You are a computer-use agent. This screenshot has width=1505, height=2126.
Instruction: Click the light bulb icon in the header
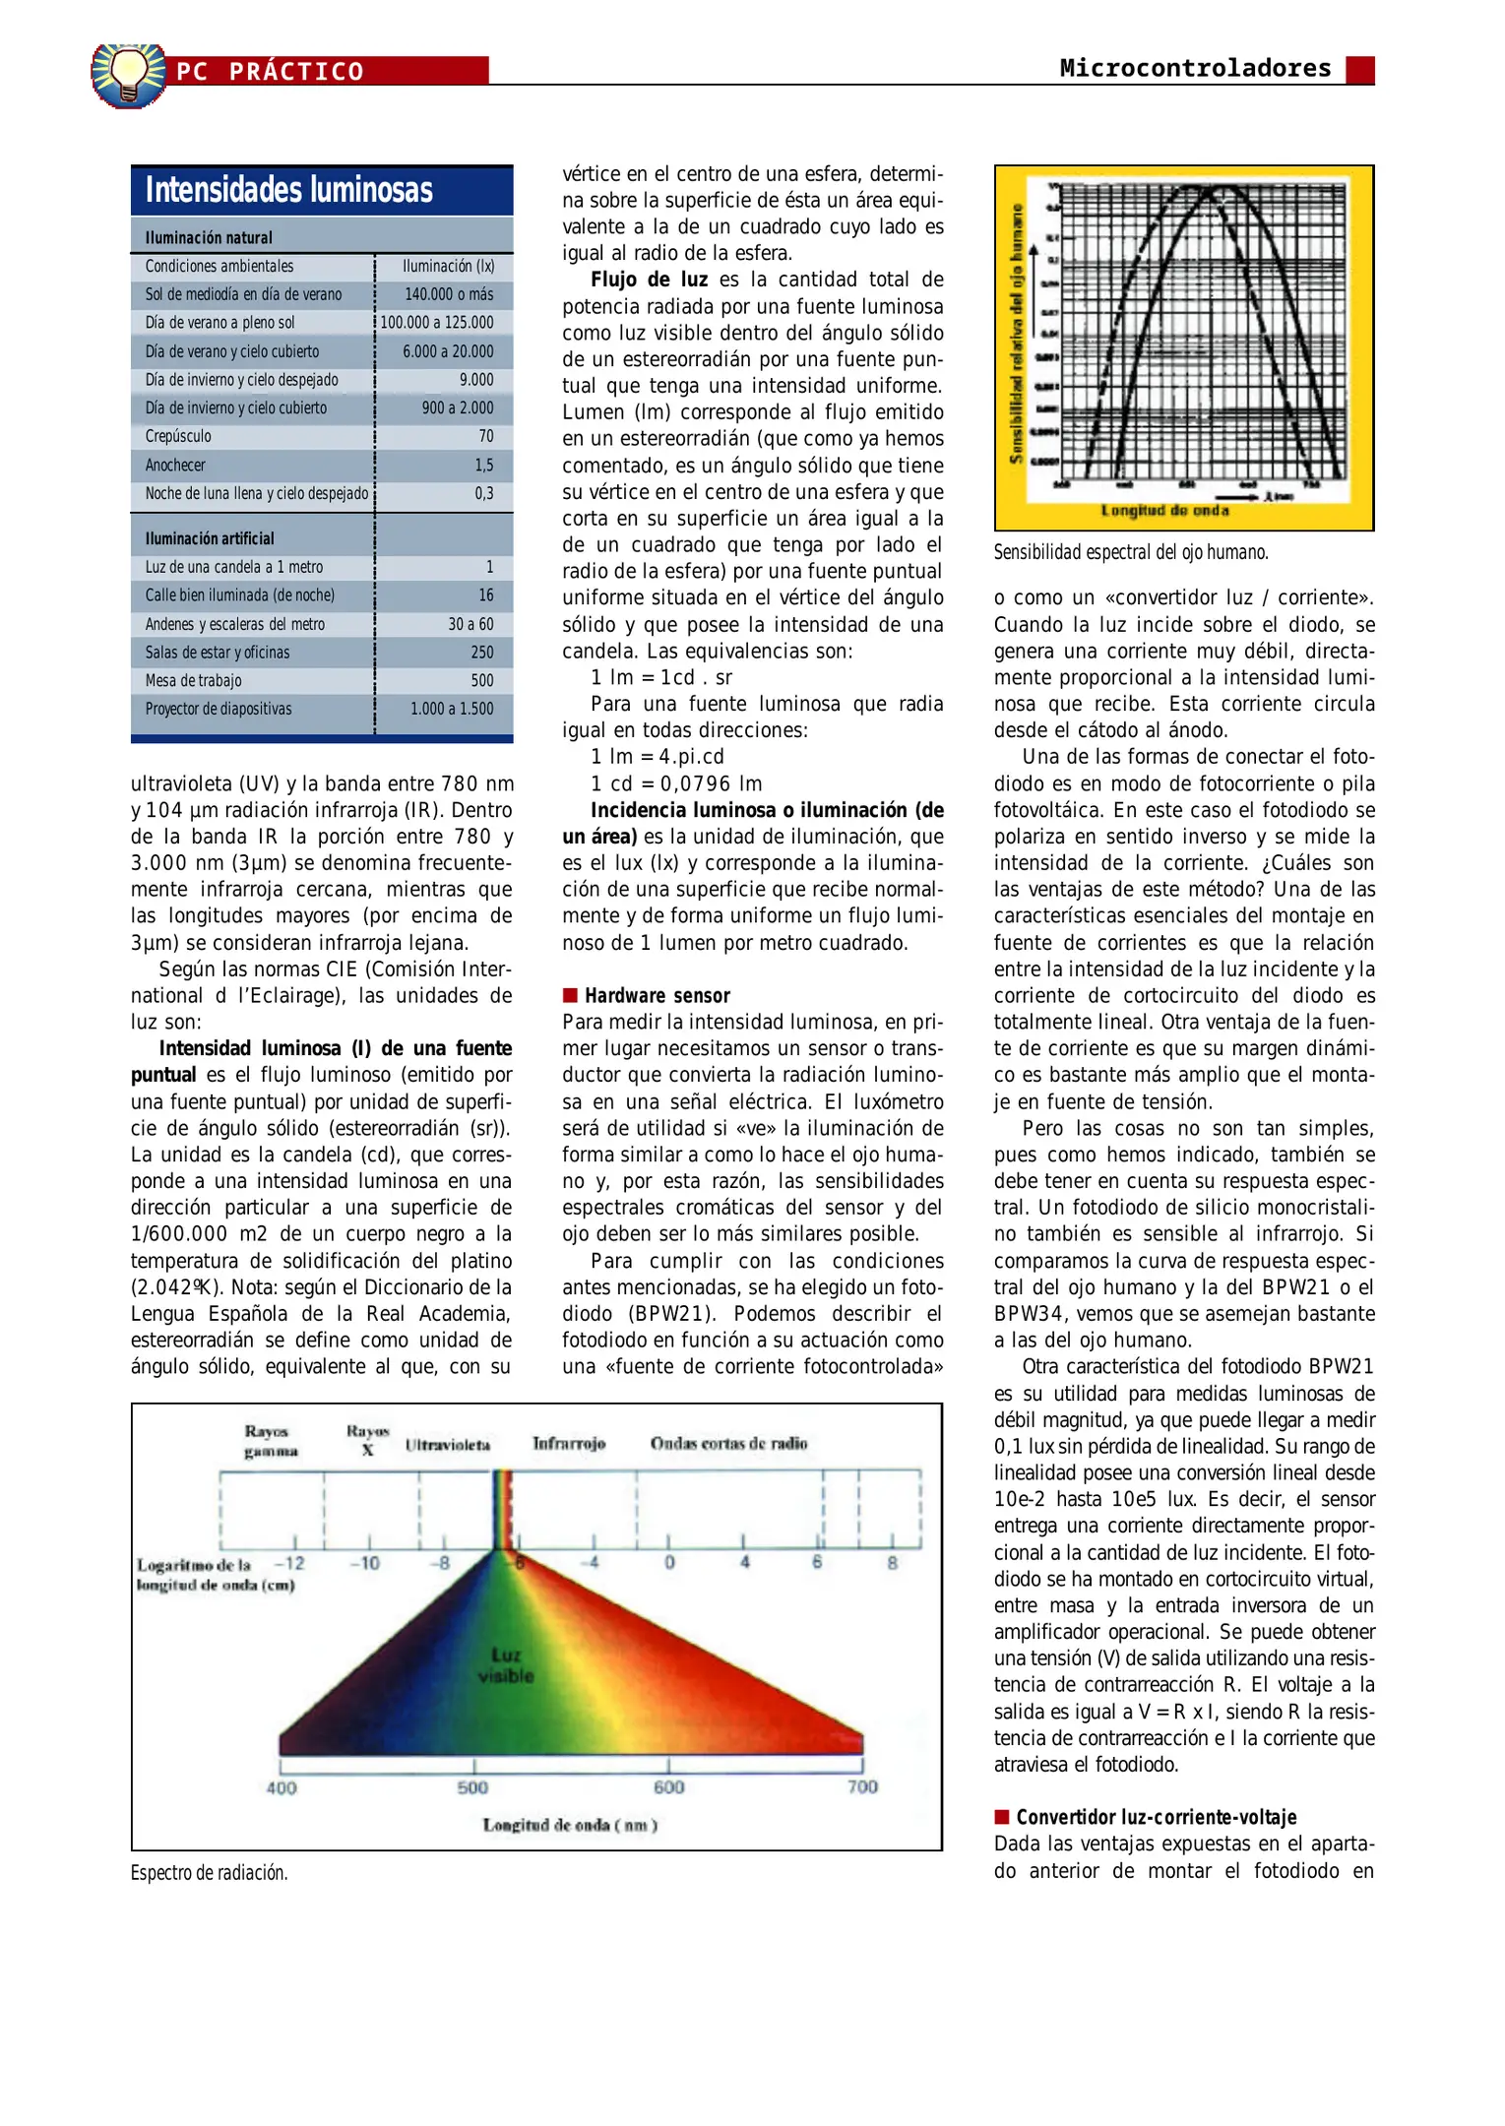pos(128,75)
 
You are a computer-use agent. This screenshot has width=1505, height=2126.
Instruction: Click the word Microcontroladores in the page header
pos(1195,68)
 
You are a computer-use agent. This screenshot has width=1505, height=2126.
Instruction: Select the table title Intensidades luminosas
pos(288,190)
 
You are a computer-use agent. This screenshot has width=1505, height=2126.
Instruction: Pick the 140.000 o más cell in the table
pos(449,294)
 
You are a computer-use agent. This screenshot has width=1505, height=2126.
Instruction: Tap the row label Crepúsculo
pos(178,436)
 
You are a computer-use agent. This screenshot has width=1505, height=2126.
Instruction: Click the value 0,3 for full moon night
pos(484,493)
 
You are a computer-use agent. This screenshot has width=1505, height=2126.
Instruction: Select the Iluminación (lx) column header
pos(448,266)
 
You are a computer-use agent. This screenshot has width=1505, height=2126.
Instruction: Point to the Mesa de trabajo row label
pos(193,680)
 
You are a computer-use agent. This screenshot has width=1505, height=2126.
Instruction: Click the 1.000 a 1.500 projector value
pos(452,709)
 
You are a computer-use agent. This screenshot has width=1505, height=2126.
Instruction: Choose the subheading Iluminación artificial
pos(210,538)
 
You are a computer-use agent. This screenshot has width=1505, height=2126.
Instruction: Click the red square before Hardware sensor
pos(570,995)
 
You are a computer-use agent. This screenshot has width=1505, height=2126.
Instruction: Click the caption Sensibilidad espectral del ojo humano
pos(1130,552)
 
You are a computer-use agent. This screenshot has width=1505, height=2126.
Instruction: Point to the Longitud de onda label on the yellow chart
pos(1164,510)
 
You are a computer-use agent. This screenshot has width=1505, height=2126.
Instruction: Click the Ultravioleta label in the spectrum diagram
pos(448,1445)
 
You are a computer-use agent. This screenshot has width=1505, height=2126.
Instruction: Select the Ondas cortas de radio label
pos(728,1443)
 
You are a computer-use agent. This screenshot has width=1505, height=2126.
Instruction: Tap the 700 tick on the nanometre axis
pos(862,1786)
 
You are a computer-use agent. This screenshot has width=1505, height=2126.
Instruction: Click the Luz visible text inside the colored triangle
pos(506,1665)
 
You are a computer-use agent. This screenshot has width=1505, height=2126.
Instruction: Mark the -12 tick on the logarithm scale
pos(289,1563)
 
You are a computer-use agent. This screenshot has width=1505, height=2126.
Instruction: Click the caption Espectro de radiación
pos(209,1873)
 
